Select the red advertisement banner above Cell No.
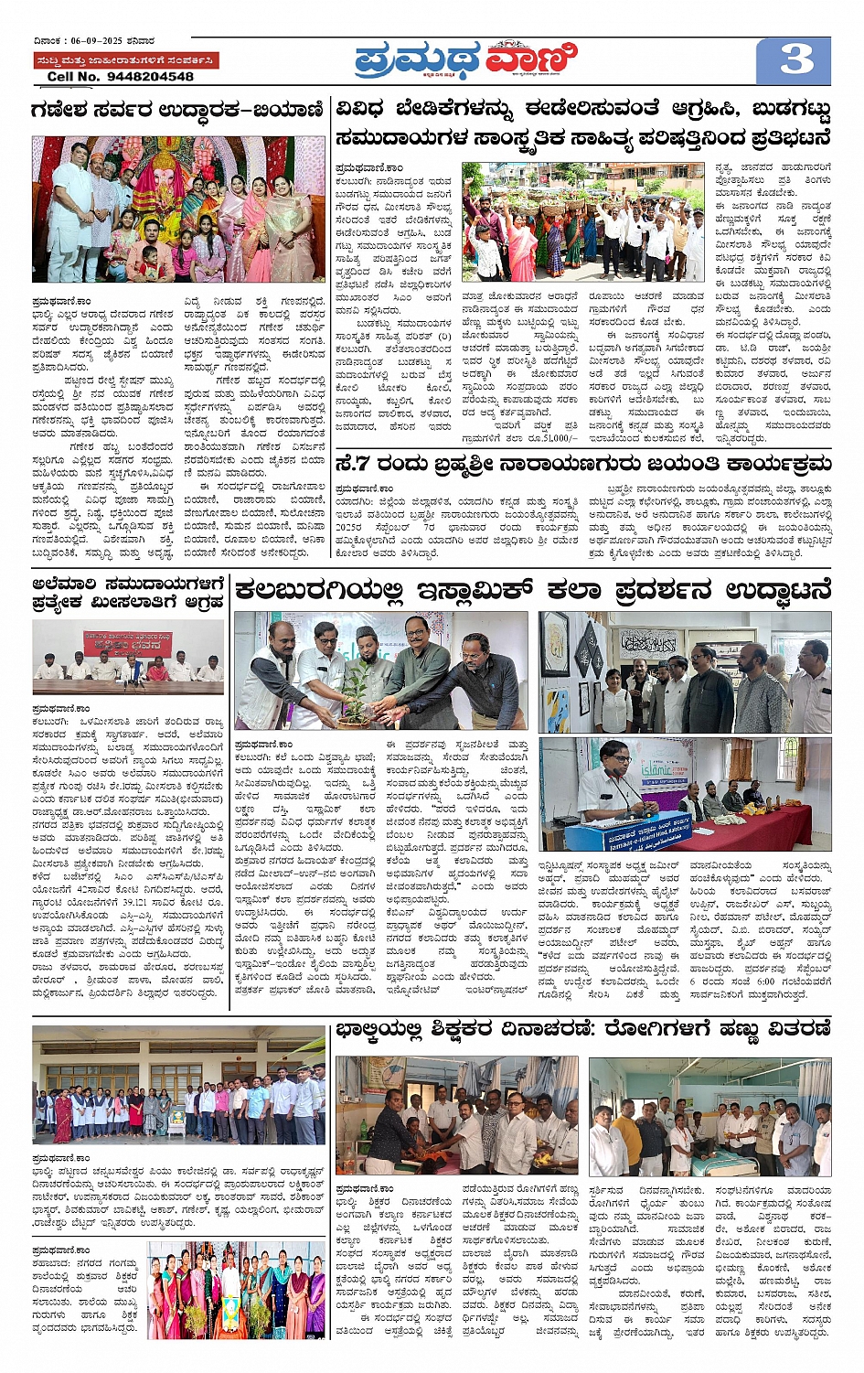pos(125,60)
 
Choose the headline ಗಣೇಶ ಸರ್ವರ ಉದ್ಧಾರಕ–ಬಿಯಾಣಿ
pos(177,111)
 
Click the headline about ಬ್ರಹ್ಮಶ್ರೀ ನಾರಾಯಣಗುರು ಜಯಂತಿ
pos(583,463)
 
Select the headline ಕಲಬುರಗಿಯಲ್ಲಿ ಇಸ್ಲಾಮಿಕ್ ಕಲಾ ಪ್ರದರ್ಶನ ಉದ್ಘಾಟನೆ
pos(532,591)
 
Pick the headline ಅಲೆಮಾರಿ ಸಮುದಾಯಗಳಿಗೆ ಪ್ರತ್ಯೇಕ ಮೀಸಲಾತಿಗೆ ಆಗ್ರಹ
pos(128,592)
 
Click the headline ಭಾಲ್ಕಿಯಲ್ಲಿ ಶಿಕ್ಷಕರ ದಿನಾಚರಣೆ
pos(583,1029)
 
